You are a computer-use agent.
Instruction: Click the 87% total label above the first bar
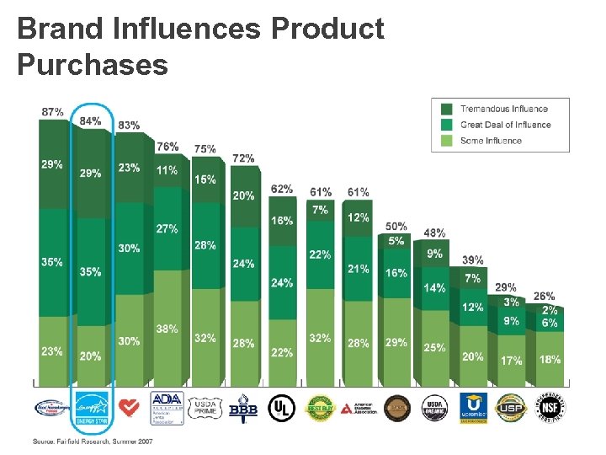coord(52,111)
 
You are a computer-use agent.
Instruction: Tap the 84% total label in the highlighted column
coord(91,120)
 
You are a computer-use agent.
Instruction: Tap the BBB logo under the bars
coord(243,407)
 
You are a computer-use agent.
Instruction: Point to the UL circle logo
coord(282,407)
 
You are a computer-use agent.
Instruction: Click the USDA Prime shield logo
coord(205,407)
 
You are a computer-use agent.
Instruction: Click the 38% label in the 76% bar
coord(167,329)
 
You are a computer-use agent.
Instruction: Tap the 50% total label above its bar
coord(396,226)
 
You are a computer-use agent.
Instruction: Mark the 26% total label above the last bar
coord(545,296)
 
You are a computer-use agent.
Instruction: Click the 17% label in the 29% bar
coord(511,360)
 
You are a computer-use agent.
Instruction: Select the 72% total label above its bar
coord(243,158)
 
